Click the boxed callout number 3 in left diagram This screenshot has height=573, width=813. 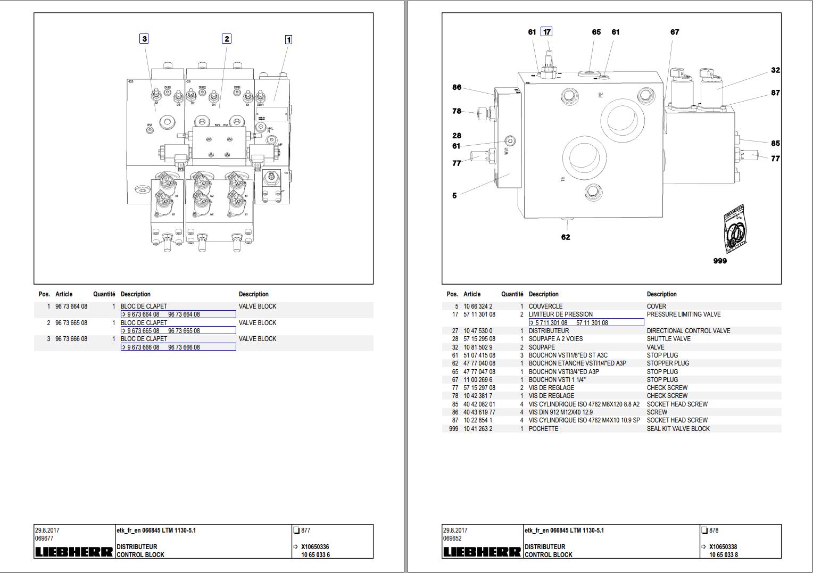point(144,38)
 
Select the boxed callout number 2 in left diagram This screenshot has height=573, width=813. point(227,38)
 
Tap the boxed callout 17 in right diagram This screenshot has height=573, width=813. point(546,32)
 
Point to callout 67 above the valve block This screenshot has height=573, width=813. point(675,32)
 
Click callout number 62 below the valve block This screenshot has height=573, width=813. point(566,237)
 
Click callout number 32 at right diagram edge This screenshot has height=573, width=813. point(775,70)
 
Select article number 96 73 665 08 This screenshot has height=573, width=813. point(71,323)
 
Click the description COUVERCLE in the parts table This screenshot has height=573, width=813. point(545,306)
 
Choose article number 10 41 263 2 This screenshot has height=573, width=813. point(478,429)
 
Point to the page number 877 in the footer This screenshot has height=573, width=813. point(305,530)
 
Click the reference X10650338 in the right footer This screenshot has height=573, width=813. point(723,547)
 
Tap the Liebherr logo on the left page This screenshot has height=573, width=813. point(74,552)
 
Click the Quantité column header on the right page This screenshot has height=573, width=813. point(512,294)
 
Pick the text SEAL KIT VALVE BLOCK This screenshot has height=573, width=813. point(678,429)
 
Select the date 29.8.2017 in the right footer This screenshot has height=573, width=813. point(455,530)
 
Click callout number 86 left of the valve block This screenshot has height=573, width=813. point(457,87)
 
